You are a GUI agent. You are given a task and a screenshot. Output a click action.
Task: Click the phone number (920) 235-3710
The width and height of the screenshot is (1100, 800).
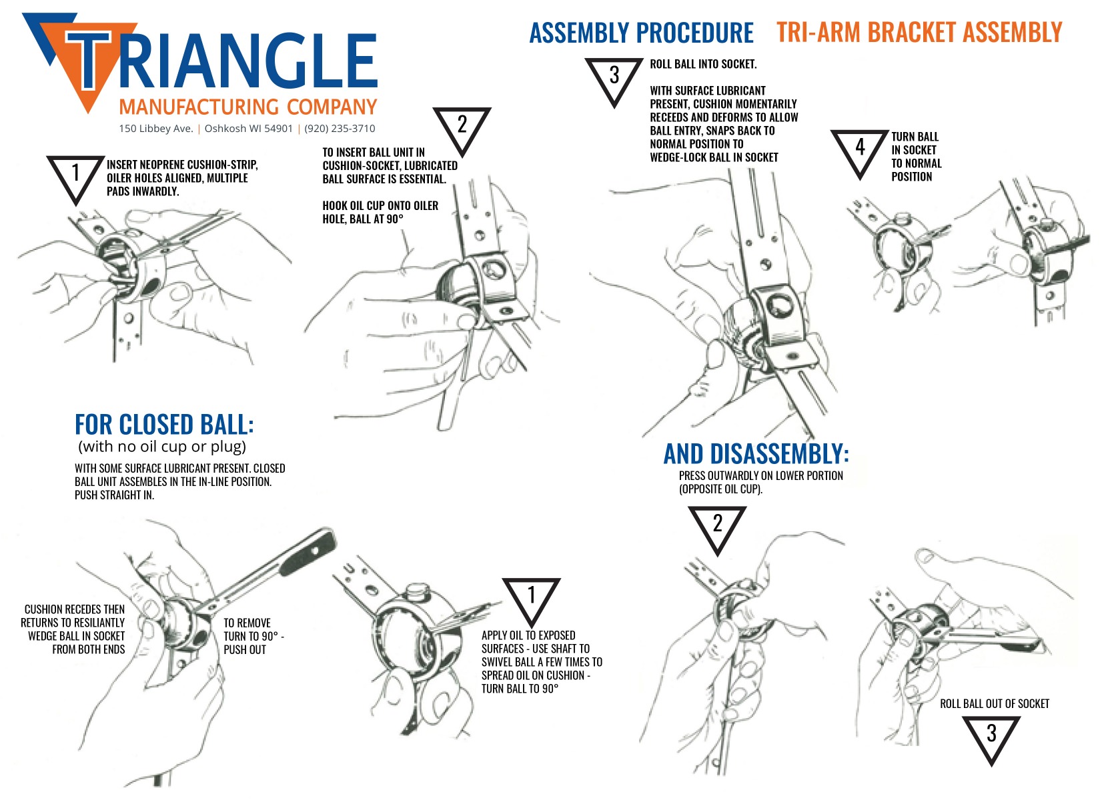[340, 129]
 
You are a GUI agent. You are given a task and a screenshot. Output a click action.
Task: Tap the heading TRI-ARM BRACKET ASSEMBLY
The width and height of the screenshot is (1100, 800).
[919, 32]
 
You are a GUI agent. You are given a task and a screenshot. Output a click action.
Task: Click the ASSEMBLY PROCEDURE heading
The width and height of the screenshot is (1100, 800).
[641, 33]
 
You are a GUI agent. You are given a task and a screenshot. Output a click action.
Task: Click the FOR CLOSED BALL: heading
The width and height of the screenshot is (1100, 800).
[164, 425]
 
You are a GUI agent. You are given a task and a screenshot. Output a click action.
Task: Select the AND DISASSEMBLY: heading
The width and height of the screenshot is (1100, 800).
[756, 454]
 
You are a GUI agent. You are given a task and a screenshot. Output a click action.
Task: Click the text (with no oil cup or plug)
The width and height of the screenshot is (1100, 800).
[162, 447]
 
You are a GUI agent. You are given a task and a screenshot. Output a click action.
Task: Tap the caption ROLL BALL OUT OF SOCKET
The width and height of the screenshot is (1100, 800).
[994, 703]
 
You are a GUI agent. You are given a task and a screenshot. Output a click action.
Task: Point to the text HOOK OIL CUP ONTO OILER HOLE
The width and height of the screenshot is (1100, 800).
[380, 212]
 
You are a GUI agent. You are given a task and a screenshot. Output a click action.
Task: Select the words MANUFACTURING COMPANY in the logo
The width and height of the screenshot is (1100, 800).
[247, 107]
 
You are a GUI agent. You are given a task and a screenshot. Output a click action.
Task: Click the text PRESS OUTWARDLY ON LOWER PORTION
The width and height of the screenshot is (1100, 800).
[760, 475]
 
